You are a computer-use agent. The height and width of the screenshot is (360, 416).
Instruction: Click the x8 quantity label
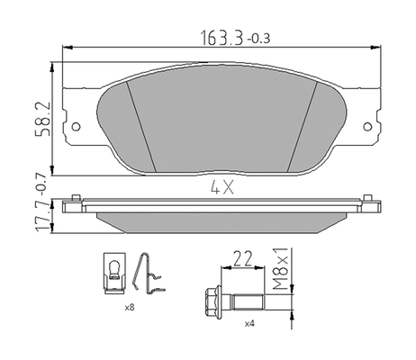pos(130,308)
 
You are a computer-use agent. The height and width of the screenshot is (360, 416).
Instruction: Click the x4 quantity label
pos(248,321)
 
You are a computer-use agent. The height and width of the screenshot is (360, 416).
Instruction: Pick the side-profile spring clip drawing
pos(149,274)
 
